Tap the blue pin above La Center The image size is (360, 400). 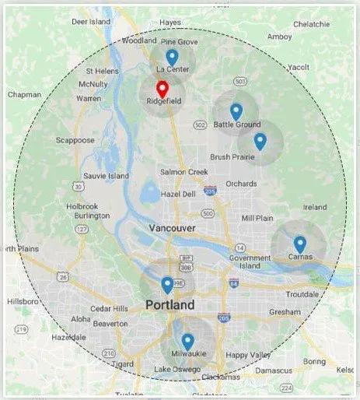click(172, 57)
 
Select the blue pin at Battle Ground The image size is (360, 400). click(236, 111)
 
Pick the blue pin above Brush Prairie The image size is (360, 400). click(260, 141)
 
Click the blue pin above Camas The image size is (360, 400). click(299, 244)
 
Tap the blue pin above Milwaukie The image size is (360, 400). click(187, 341)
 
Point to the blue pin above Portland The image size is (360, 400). click(167, 285)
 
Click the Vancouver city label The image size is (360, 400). click(173, 227)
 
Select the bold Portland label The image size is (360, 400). click(170, 306)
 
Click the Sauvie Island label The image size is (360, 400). click(106, 176)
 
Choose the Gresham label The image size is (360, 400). click(284, 311)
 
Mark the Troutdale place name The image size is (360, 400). click(302, 294)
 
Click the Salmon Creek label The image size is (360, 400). click(183, 172)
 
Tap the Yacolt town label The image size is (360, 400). click(298, 68)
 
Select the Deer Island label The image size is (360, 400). click(91, 22)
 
